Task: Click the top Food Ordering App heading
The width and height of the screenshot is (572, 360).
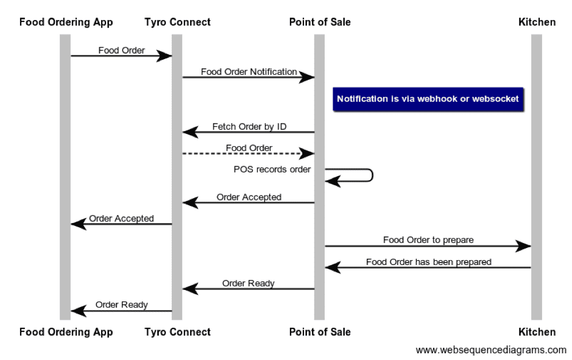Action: point(66,22)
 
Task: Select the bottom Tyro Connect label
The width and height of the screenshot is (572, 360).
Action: point(177,332)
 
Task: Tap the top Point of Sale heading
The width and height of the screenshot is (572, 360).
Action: point(320,22)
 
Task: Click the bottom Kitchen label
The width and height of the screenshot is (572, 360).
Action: point(537,332)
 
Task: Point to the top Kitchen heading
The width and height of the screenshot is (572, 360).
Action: point(537,22)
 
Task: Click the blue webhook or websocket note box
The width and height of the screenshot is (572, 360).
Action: point(428,99)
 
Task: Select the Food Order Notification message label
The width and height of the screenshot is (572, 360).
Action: point(249,71)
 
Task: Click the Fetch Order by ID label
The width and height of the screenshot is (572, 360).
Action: point(249,127)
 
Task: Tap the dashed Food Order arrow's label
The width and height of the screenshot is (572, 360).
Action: point(249,147)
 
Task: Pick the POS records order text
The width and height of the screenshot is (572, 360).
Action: point(272,169)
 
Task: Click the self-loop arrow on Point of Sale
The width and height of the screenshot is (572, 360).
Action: point(370,175)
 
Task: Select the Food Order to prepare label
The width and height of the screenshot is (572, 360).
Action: point(428,239)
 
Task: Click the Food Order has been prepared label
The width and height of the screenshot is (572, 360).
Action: point(428,262)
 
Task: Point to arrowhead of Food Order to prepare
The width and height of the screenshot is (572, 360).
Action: point(524,246)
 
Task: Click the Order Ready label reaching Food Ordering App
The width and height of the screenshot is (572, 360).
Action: point(121,305)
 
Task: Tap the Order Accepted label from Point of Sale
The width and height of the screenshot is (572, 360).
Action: point(249,197)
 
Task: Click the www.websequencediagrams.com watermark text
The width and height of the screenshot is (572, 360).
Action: point(491,350)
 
